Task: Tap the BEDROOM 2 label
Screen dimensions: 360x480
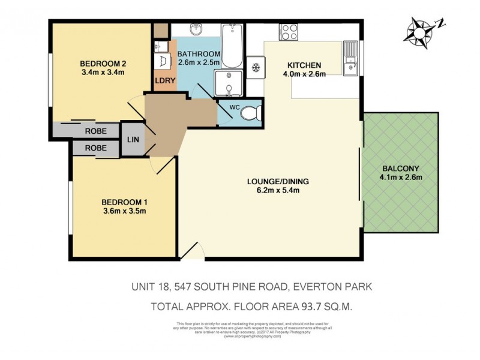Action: (x=102, y=64)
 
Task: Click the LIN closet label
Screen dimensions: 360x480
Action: (x=133, y=139)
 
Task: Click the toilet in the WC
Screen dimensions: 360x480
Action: (x=254, y=112)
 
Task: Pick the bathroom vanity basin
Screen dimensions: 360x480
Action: (x=196, y=30)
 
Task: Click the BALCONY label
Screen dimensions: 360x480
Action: (x=398, y=168)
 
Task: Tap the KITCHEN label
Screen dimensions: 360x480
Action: (x=304, y=65)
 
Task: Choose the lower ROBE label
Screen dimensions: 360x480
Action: (x=95, y=148)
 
